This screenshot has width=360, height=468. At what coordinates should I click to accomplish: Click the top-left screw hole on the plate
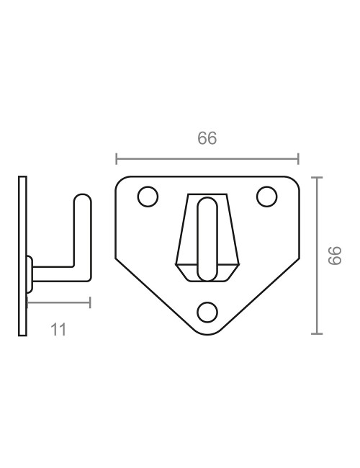pos(148,197)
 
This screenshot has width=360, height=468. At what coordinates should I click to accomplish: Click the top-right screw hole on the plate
pos(267,196)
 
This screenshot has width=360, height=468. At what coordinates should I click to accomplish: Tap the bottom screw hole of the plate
pos(207,311)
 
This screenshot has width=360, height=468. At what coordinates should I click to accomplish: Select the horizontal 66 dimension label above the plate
pos(207,139)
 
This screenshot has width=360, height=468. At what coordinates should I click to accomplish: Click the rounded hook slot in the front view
pos(207,238)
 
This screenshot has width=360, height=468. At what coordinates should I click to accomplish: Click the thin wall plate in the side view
pos(23,256)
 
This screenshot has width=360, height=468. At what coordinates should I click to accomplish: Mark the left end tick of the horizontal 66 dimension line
pos(117,158)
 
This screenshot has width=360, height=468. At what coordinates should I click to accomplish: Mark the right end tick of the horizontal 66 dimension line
pos(298,158)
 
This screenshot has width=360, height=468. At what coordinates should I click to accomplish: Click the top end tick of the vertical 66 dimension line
pos(316,176)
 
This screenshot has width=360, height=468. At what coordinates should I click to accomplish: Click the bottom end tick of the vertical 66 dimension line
pos(316,334)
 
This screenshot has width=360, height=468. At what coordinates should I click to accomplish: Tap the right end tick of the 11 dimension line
pos(90,302)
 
